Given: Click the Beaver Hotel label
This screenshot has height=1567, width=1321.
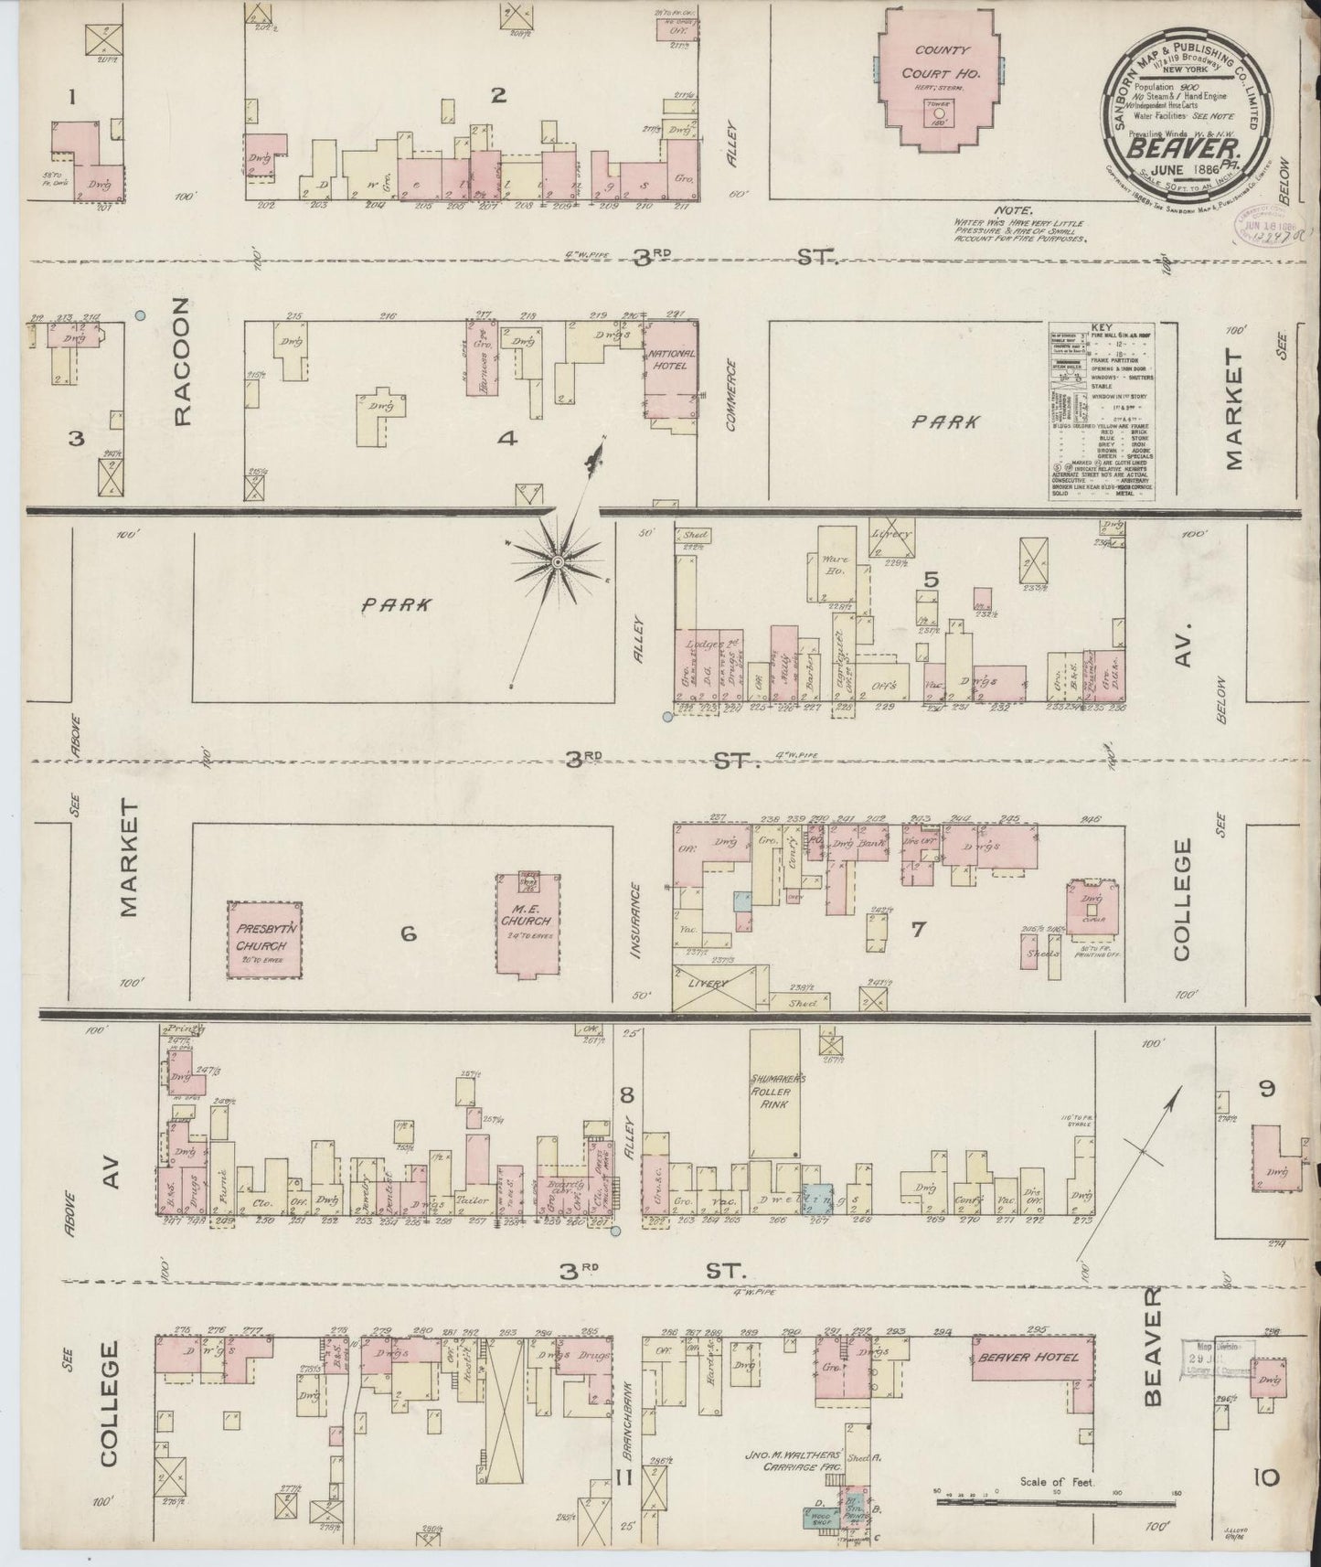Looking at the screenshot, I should click(1023, 1357).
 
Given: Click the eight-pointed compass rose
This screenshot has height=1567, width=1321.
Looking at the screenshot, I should click(556, 560).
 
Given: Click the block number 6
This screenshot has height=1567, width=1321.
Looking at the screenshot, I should click(408, 933).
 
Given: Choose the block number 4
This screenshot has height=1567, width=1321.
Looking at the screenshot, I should click(506, 439).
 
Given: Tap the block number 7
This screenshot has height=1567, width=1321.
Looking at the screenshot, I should click(918, 930).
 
